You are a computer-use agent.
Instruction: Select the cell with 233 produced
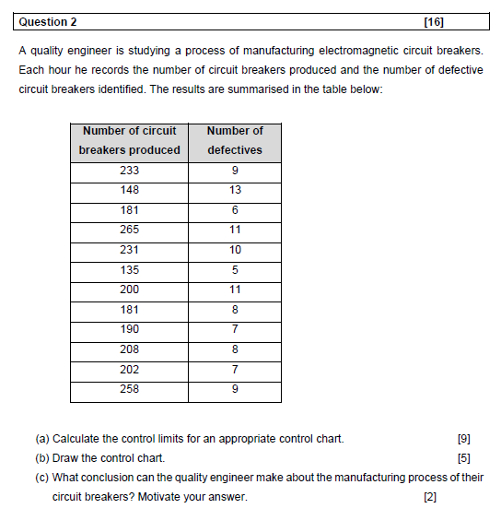[x=129, y=170]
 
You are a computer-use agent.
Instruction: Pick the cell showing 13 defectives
[x=235, y=190]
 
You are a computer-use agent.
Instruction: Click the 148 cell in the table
[x=129, y=190]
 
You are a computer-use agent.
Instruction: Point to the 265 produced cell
[x=129, y=230]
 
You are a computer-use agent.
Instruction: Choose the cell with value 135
[x=129, y=270]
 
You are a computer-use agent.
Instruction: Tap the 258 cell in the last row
[x=129, y=389]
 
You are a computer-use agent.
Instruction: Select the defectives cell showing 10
[x=235, y=250]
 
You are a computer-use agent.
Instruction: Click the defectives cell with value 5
[x=235, y=270]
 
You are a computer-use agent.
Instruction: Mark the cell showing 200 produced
[x=129, y=290]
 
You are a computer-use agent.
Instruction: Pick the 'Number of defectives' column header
[x=235, y=140]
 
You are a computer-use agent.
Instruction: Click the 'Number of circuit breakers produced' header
[x=129, y=140]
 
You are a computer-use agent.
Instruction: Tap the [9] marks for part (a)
[x=463, y=439]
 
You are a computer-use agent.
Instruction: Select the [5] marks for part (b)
[x=463, y=458]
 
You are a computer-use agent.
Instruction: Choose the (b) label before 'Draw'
[x=42, y=458]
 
